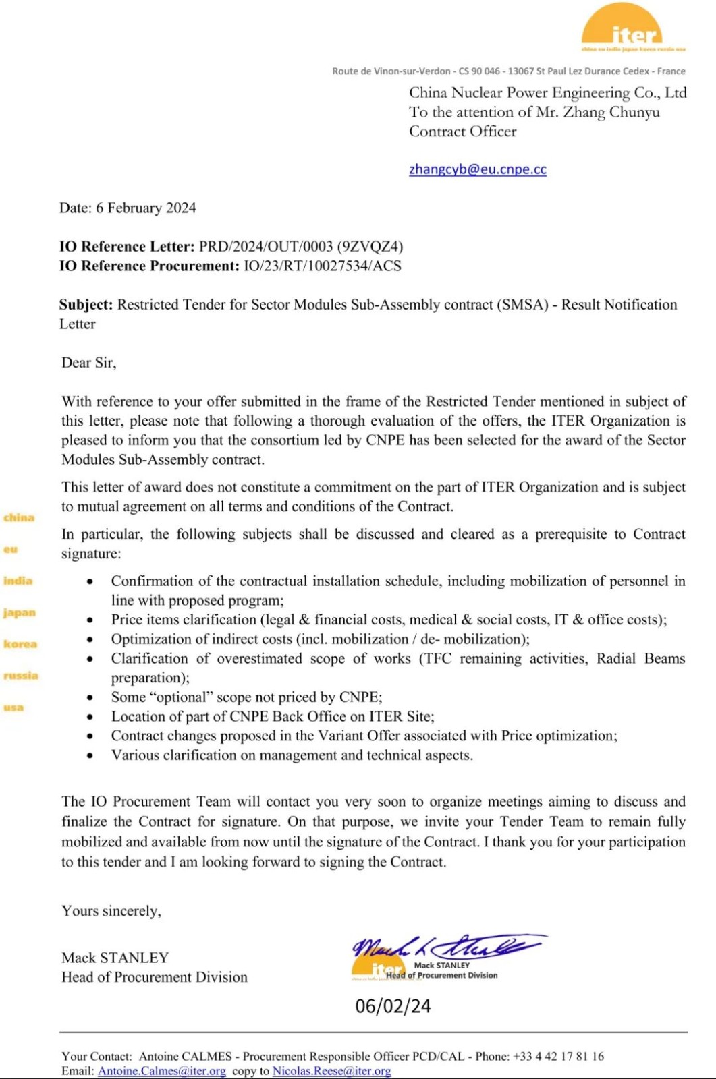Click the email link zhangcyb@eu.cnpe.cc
pyautogui.click(x=477, y=169)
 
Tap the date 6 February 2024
pyautogui.click(x=146, y=208)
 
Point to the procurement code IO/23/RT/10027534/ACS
pyautogui.click(x=322, y=266)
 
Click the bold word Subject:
pyautogui.click(x=86, y=305)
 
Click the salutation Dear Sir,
pyautogui.click(x=88, y=363)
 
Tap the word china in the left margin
pyautogui.click(x=19, y=517)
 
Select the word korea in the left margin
pyautogui.click(x=20, y=644)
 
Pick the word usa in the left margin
pyautogui.click(x=13, y=707)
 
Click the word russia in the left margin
pyautogui.click(x=21, y=676)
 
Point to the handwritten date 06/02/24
pyautogui.click(x=393, y=1006)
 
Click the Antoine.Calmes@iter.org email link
pyautogui.click(x=161, y=1071)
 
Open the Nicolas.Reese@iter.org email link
pyautogui.click(x=331, y=1071)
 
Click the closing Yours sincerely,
pyautogui.click(x=111, y=911)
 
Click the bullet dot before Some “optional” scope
pyautogui.click(x=90, y=697)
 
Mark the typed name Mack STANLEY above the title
pyautogui.click(x=115, y=958)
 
